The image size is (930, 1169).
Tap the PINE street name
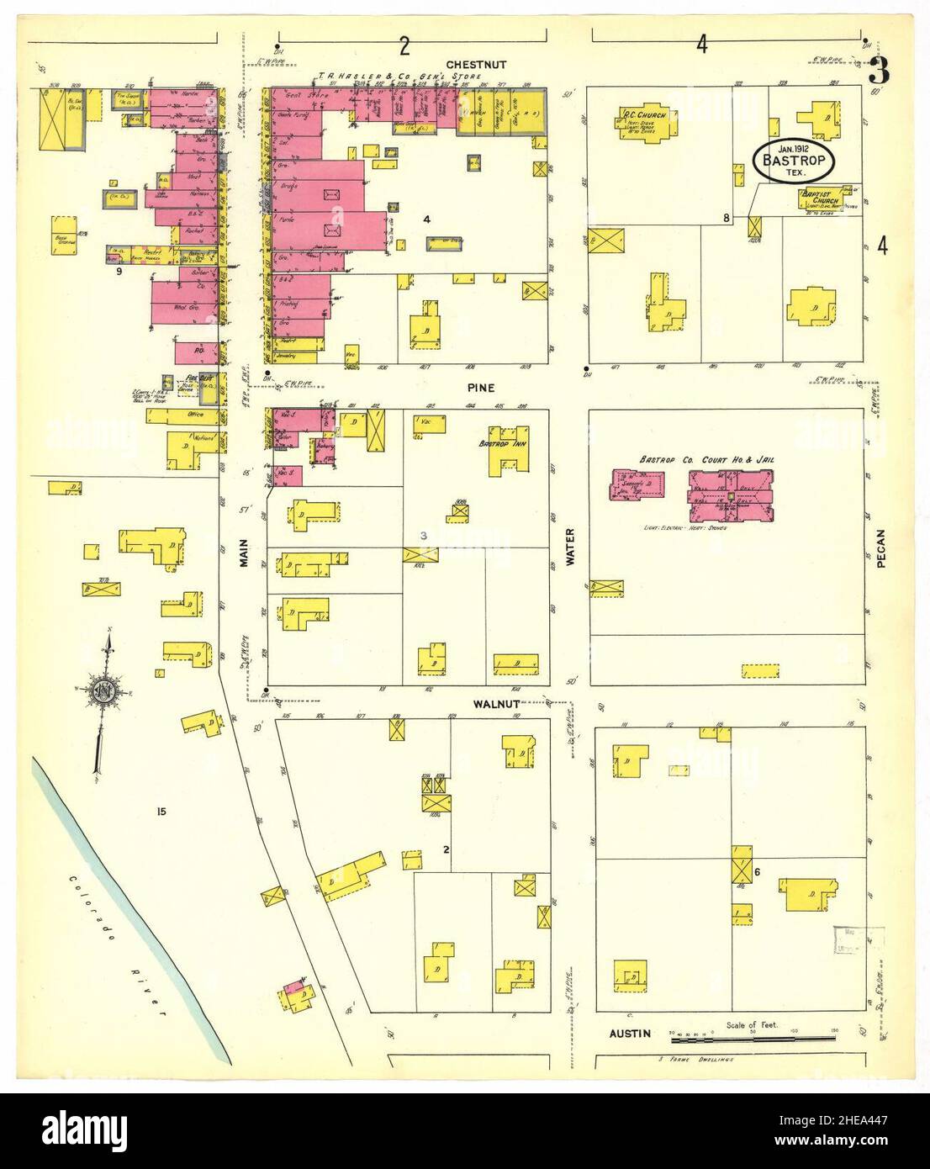pyautogui.click(x=482, y=388)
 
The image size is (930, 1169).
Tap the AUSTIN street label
pyautogui.click(x=630, y=1033)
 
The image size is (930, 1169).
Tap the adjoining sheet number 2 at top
pyautogui.click(x=404, y=45)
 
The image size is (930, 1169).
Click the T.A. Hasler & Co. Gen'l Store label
pyautogui.click(x=399, y=76)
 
